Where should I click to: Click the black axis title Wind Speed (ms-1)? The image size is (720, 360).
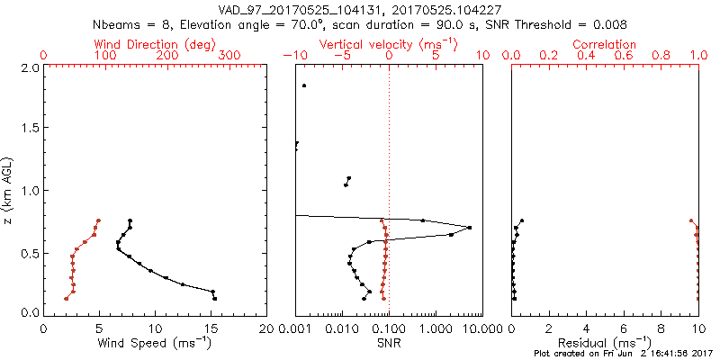[155, 343]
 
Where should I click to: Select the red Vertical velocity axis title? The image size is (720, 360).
[388, 44]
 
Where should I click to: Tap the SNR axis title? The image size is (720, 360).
[388, 343]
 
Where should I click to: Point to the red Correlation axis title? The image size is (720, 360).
[605, 44]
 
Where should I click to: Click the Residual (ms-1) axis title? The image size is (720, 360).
[605, 343]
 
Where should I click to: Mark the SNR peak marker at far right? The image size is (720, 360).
[470, 228]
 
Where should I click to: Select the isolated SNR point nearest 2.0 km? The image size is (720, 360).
[304, 85]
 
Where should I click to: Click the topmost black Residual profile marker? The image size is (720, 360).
[521, 220]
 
